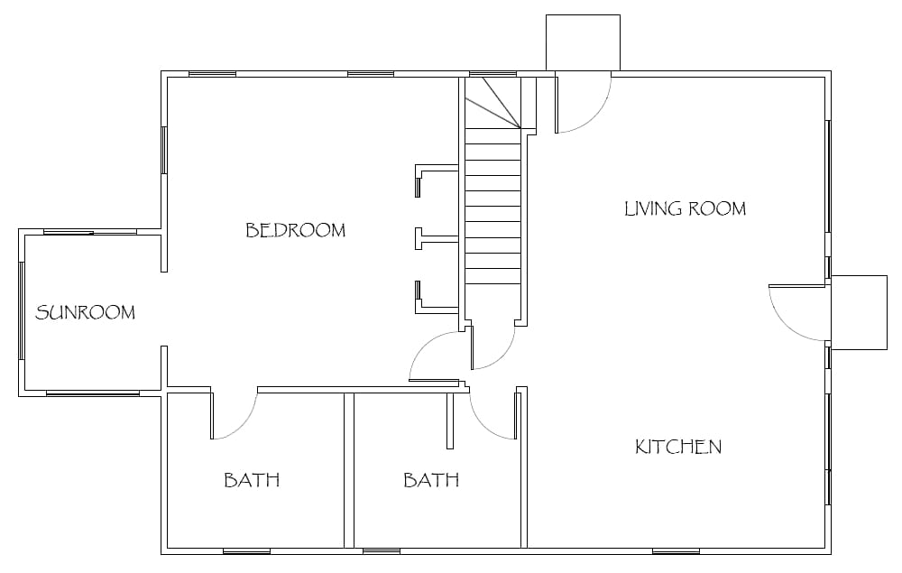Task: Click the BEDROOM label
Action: click(x=296, y=230)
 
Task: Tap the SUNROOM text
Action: click(x=85, y=312)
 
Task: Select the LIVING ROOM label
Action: click(x=686, y=208)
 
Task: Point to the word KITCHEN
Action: click(x=678, y=447)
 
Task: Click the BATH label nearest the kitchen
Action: click(x=431, y=480)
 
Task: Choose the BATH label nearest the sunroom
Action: click(x=252, y=480)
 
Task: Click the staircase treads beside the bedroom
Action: click(x=493, y=206)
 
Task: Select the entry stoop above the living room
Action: click(x=583, y=42)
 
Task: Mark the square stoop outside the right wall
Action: click(x=860, y=312)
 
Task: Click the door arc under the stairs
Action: click(x=502, y=357)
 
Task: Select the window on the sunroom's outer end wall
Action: click(x=22, y=310)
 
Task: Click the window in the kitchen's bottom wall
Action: click(x=676, y=551)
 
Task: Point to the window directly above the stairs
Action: click(x=493, y=74)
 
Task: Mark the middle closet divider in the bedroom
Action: click(x=437, y=237)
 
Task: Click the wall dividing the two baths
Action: click(x=348, y=471)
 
